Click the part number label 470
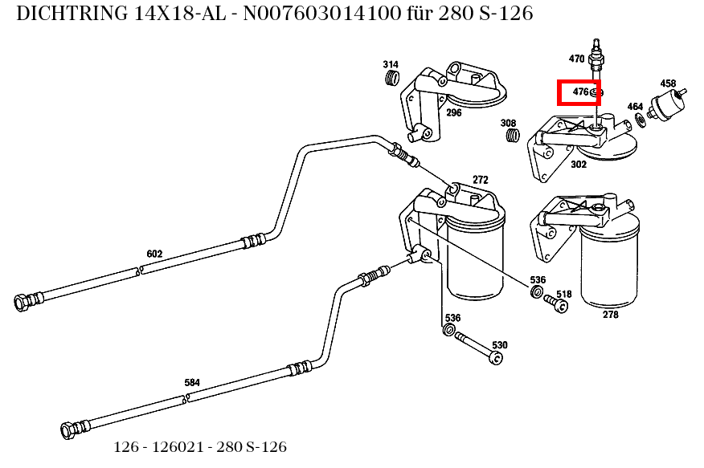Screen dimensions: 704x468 click(576, 59)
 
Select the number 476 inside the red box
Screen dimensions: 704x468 click(580, 92)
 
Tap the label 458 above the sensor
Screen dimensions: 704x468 click(668, 83)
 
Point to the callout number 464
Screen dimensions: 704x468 click(635, 107)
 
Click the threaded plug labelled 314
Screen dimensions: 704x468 click(392, 78)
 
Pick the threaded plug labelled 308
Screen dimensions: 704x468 click(513, 135)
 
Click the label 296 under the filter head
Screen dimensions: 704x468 click(454, 112)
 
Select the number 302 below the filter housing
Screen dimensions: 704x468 click(579, 165)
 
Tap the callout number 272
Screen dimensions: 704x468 click(481, 180)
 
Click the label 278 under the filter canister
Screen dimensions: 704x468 click(611, 315)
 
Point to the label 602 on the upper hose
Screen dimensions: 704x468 click(154, 254)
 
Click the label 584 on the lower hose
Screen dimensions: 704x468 click(192, 382)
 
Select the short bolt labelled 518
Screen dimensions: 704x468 click(556, 303)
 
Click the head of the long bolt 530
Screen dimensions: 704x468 click(496, 357)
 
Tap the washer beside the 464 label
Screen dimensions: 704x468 click(641, 120)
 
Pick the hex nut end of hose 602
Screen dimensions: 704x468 click(22, 302)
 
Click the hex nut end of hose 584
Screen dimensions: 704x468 click(68, 430)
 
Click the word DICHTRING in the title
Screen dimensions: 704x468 click(72, 14)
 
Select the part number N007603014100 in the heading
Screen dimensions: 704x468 click(322, 14)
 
